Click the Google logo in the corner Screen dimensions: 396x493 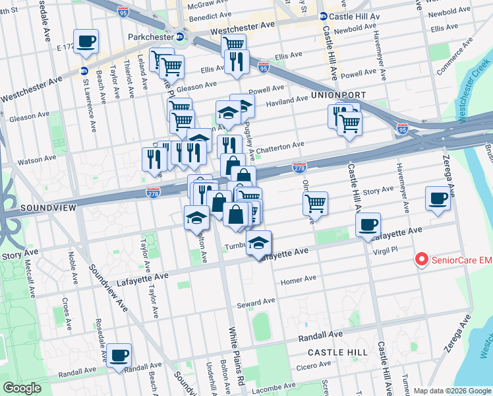(x=23, y=388)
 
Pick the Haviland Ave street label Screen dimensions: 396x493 (x=287, y=100)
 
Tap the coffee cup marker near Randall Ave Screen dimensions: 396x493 (x=119, y=355)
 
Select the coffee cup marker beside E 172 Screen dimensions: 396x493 (x=86, y=41)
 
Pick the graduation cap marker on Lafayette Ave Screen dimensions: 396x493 (x=259, y=243)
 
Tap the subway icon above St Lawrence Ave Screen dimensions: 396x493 (x=84, y=71)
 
